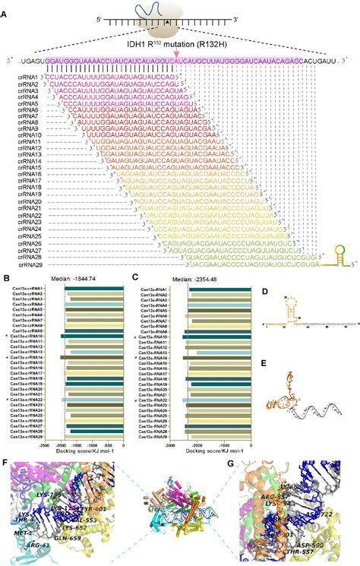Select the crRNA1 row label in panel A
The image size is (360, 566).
click(x=27, y=76)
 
